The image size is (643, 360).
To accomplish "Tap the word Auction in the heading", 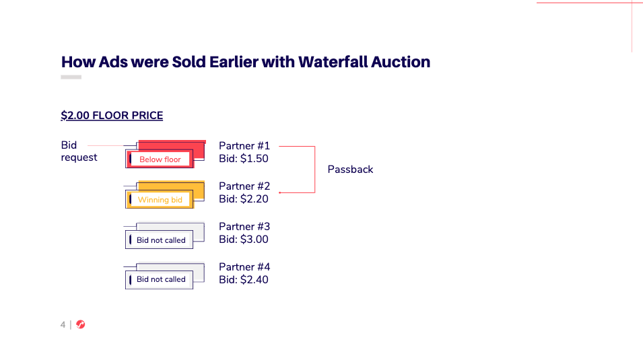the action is [x=401, y=62].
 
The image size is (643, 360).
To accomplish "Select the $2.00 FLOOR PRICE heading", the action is [x=112, y=116].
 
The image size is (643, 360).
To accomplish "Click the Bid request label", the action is [x=79, y=151].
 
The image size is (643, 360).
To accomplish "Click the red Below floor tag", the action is [x=160, y=159].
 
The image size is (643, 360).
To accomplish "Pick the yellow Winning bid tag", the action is [x=160, y=200].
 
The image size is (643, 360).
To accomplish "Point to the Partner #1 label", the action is [x=244, y=146].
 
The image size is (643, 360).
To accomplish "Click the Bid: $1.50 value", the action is [x=244, y=159].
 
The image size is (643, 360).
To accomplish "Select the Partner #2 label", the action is [x=244, y=186].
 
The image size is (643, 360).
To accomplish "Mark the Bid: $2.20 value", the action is [x=244, y=199].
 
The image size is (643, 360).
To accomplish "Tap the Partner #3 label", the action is [x=244, y=227].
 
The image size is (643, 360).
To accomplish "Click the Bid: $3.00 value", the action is [x=244, y=240].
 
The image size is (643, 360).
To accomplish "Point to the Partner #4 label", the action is [x=244, y=267].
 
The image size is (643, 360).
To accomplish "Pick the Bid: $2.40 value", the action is [x=244, y=280].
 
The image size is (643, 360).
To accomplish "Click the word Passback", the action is [x=350, y=170].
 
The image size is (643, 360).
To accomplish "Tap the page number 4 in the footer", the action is [x=63, y=325].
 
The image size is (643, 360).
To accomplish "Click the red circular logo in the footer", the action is [x=80, y=324].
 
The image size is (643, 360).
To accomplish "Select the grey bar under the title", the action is [x=71, y=77].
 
